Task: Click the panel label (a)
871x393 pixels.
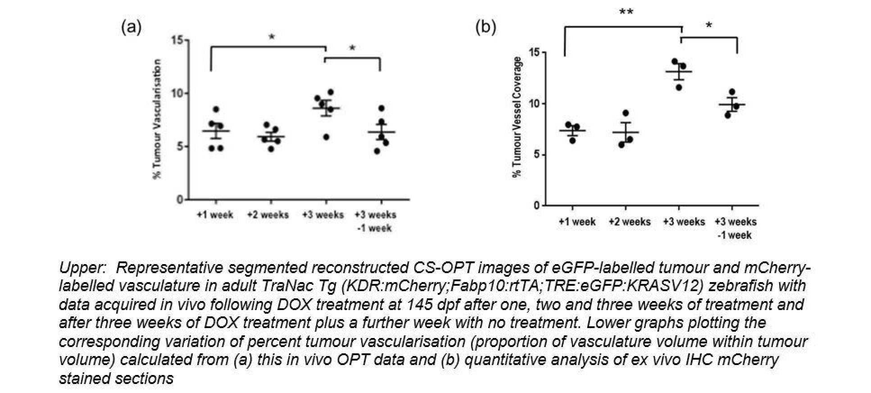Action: coord(132,27)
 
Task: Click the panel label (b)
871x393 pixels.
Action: coord(486,27)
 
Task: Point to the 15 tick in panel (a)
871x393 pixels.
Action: coord(178,41)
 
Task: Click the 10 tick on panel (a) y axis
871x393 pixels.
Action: coord(178,94)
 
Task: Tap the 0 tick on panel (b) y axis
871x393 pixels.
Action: coord(535,206)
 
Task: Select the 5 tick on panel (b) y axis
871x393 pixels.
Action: coord(535,155)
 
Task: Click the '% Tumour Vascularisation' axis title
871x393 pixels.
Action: coord(157,119)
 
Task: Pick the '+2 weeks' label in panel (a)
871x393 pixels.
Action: coord(268,215)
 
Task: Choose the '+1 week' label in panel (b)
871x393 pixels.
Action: coord(577,222)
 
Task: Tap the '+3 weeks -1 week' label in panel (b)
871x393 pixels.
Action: coord(735,228)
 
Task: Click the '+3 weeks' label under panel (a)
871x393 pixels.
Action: coord(323,215)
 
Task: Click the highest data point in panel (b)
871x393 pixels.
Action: coord(675,61)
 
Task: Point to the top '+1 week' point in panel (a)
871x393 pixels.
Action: coord(216,110)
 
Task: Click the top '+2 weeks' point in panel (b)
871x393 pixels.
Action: coord(626,113)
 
